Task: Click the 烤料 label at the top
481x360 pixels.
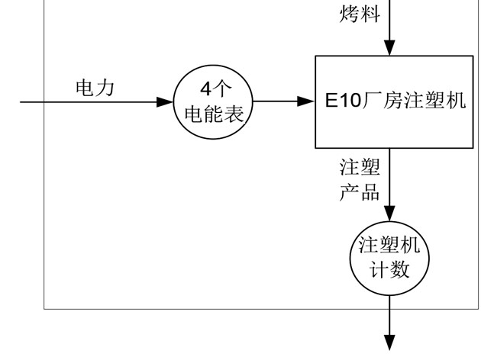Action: point(359,14)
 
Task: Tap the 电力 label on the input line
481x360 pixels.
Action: point(95,88)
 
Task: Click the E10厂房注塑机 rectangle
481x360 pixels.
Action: point(394,101)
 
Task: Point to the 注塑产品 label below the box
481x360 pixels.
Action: point(360,179)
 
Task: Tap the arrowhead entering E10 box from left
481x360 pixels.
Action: point(308,101)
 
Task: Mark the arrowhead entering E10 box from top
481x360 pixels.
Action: point(390,47)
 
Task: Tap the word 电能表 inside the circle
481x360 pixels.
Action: point(215,114)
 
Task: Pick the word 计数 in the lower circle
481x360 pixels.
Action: point(390,270)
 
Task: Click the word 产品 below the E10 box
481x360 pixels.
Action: point(360,191)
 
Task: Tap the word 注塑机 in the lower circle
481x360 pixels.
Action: point(390,246)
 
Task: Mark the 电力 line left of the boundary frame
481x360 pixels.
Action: point(31,101)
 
